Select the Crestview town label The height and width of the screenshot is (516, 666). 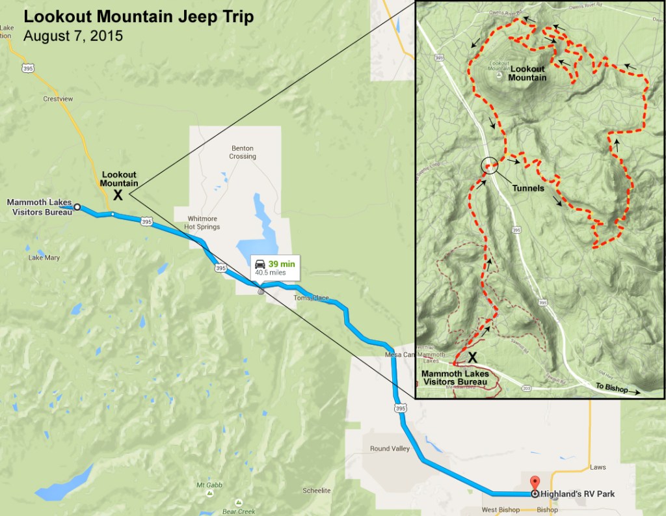click(x=58, y=100)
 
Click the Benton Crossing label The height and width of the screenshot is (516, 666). click(x=242, y=152)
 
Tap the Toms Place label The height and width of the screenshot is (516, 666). click(x=311, y=298)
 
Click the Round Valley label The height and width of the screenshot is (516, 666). click(x=390, y=448)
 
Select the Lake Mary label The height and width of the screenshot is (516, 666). click(x=44, y=258)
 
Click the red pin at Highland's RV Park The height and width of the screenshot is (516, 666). click(x=535, y=483)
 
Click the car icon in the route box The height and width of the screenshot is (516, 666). click(x=260, y=264)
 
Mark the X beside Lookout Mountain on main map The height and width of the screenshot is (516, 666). click(x=118, y=195)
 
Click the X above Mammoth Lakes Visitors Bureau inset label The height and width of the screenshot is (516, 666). click(x=473, y=357)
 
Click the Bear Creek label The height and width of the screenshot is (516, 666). click(x=238, y=511)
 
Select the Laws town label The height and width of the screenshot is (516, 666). click(x=597, y=467)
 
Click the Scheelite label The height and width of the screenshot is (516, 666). click(x=317, y=491)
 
